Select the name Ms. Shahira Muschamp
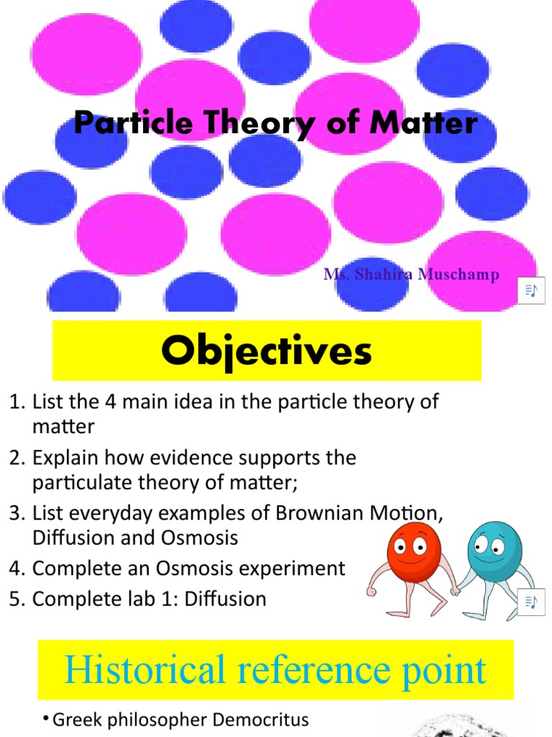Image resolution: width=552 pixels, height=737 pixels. tap(410, 274)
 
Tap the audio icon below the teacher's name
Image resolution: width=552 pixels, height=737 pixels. tap(531, 290)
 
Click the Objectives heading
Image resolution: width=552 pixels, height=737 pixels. tap(267, 352)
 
